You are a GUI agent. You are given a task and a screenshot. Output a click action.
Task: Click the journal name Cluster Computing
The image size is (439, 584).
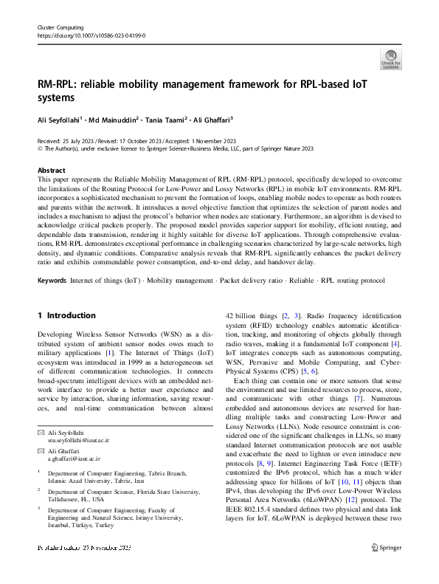(x=59, y=27)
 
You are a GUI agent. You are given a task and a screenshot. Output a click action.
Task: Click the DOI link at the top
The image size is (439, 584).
(x=91, y=35)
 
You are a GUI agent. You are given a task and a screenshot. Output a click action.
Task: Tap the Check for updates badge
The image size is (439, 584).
(x=390, y=60)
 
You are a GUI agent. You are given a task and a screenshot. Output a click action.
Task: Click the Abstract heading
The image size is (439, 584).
(x=51, y=169)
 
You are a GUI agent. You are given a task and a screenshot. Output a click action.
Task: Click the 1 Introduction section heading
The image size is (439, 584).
(x=66, y=315)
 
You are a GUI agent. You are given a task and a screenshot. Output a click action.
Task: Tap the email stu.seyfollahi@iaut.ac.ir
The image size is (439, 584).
(x=78, y=439)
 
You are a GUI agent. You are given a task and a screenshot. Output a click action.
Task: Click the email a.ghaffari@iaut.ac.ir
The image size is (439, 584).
(x=75, y=458)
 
